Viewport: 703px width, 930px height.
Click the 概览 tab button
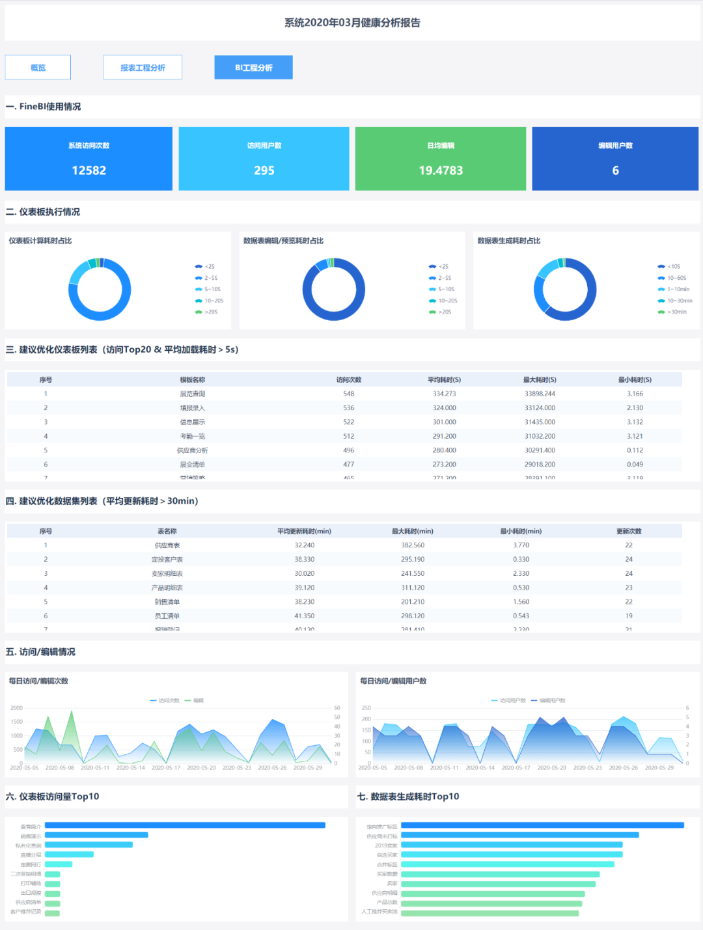click(38, 68)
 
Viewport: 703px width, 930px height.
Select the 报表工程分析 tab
click(143, 68)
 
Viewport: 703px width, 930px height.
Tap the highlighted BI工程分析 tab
click(253, 68)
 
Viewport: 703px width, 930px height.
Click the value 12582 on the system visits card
click(89, 171)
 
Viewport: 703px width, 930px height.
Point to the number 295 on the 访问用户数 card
click(264, 171)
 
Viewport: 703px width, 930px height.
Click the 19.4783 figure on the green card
click(441, 171)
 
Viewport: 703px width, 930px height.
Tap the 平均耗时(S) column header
click(444, 380)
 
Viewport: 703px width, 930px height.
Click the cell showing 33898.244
click(540, 394)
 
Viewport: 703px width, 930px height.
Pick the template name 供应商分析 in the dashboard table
click(193, 450)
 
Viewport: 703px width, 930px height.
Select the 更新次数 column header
click(629, 532)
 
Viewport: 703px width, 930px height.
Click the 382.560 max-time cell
click(413, 545)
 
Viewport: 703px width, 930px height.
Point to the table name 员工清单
click(167, 616)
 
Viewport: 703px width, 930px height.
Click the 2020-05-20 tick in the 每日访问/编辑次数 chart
click(201, 768)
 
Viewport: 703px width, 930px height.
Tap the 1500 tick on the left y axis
click(16, 722)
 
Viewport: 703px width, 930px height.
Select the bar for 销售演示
click(96, 835)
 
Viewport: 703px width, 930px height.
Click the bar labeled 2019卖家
click(512, 845)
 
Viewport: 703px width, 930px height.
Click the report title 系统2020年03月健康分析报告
click(352, 23)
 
